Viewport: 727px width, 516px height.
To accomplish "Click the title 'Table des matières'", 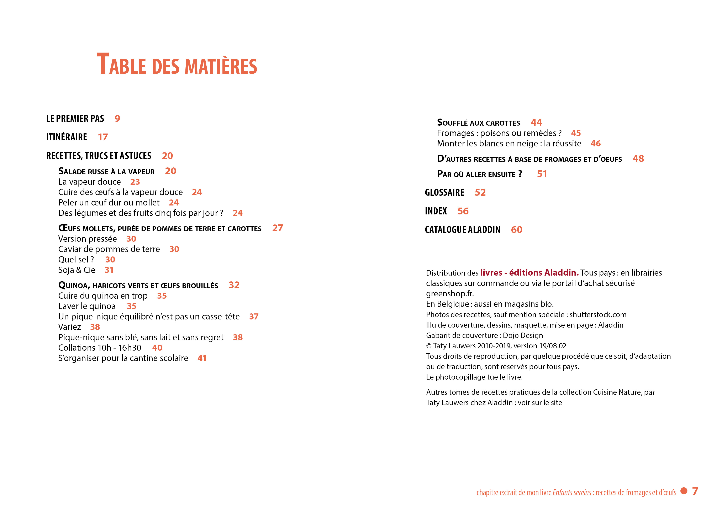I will [177, 64].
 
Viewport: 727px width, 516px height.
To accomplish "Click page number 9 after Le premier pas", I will [117, 119].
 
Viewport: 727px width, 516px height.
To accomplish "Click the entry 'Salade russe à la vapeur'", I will [106, 172].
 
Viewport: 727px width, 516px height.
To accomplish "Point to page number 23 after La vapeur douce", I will [135, 182].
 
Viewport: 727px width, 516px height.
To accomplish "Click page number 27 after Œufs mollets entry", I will [277, 228].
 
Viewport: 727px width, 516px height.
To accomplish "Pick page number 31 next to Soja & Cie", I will [109, 270].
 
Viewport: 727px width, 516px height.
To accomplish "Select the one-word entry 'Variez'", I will [70, 327].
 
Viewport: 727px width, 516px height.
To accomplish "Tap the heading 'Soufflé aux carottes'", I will [478, 123].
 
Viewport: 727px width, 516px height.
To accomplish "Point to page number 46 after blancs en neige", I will [596, 144].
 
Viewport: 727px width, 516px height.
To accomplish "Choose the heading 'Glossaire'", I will [444, 193].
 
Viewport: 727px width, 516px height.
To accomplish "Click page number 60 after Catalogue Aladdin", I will [516, 230].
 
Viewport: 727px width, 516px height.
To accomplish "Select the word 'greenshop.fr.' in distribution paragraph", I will [450, 294].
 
